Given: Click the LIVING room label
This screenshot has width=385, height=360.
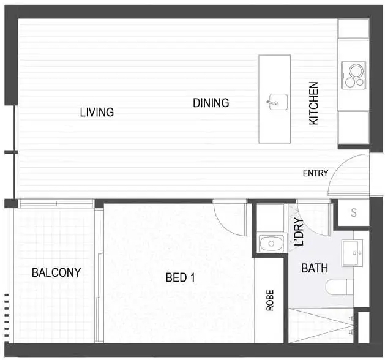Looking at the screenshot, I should click(97, 112).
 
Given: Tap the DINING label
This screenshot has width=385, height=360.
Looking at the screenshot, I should click(211, 103).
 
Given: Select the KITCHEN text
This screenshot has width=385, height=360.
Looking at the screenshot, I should click(314, 103).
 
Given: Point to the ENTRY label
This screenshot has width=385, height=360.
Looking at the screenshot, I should click(315, 173).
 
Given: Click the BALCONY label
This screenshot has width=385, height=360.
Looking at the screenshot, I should click(56, 272).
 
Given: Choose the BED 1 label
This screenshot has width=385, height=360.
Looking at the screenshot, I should click(180, 277).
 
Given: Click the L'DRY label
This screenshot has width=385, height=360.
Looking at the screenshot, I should click(299, 232).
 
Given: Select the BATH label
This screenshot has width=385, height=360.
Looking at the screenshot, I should click(315, 268).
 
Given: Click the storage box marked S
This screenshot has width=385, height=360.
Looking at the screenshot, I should click(353, 213).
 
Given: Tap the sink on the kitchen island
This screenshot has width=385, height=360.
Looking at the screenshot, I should click(275, 101).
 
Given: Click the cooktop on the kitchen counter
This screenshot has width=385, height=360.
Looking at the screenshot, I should click(353, 76).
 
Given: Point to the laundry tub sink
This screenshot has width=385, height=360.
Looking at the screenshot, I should click(269, 244).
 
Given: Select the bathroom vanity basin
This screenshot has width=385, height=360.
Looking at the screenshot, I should click(353, 253).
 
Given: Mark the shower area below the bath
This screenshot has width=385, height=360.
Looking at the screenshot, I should click(321, 324).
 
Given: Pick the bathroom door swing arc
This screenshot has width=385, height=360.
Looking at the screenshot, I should click(315, 217).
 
